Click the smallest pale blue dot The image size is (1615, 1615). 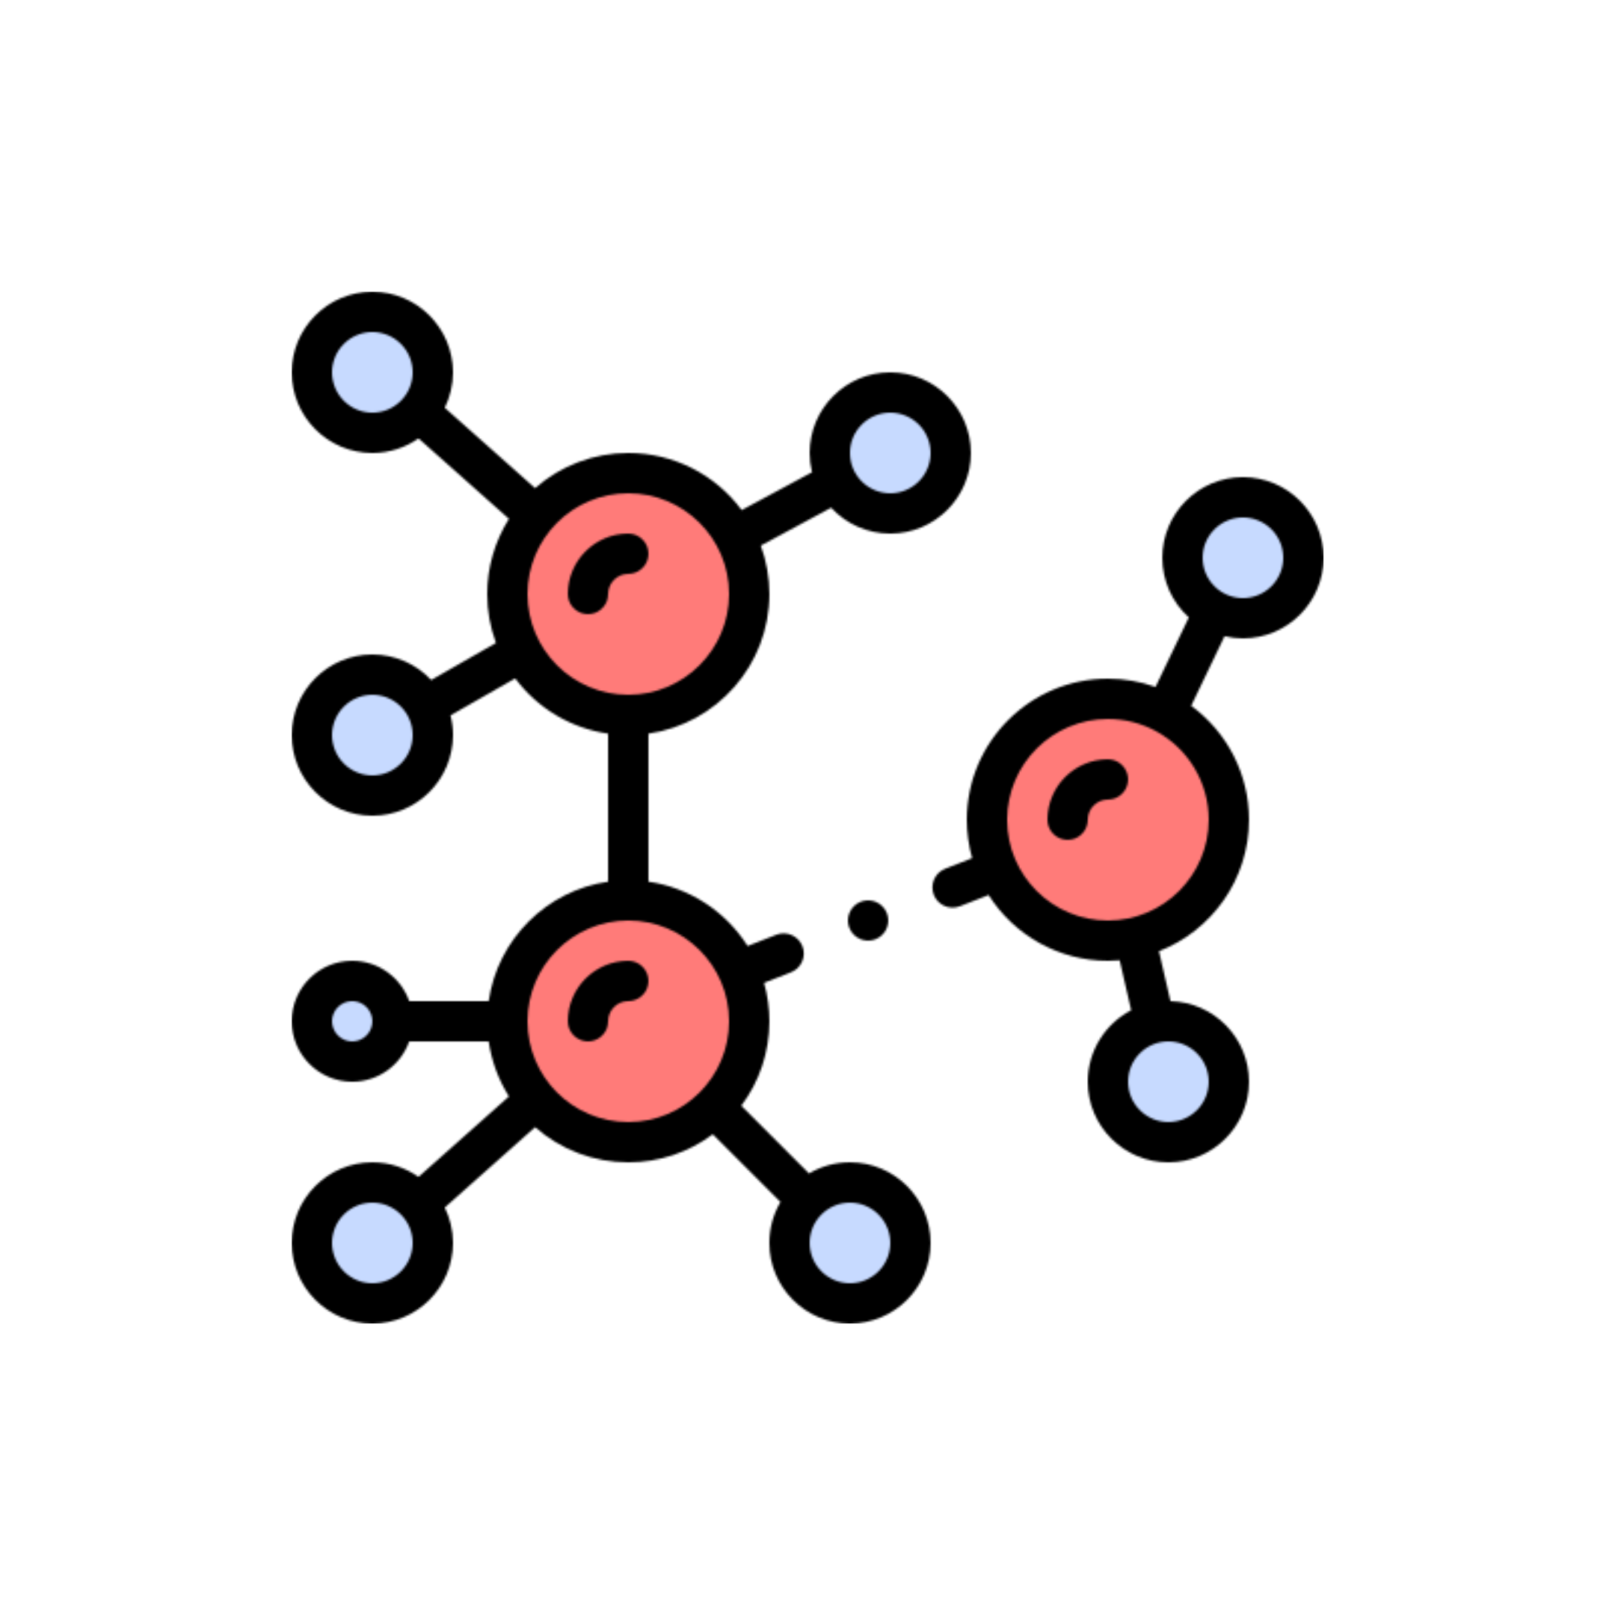click(x=352, y=1021)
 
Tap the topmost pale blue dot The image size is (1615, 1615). click(x=372, y=372)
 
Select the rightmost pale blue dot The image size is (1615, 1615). click(x=1242, y=558)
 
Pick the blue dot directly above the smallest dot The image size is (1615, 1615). click(x=372, y=735)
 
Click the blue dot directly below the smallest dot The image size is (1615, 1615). click(x=372, y=1242)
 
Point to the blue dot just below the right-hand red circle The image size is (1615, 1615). click(x=1168, y=1081)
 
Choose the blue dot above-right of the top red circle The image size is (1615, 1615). click(x=890, y=452)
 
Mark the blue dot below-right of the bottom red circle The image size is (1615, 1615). click(x=849, y=1242)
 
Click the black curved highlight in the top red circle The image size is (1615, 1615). click(x=598, y=564)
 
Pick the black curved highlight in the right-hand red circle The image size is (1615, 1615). click(x=1078, y=789)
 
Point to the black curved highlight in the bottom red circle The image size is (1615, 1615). click(x=598, y=991)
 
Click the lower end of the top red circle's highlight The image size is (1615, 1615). click(x=588, y=594)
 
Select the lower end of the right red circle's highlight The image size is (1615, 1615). click(x=1068, y=819)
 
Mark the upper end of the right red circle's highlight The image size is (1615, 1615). click(x=1107, y=779)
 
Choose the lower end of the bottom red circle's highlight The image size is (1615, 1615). click(x=588, y=1021)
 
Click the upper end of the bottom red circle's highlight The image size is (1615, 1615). click(x=628, y=980)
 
